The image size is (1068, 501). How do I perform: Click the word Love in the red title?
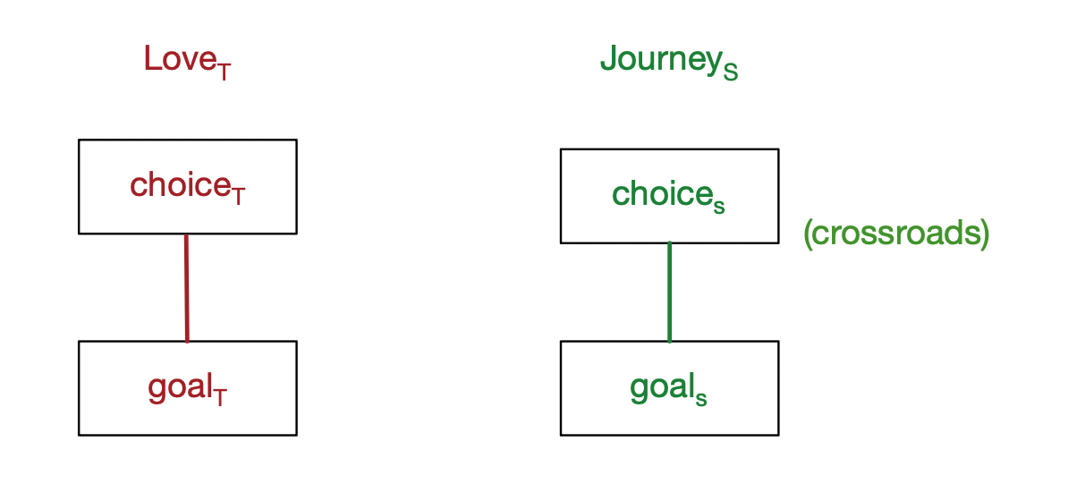click(x=181, y=59)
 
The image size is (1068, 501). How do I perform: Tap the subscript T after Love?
click(x=225, y=72)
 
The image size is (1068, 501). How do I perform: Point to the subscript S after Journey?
click(x=730, y=72)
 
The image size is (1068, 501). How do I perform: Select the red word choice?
click(x=181, y=184)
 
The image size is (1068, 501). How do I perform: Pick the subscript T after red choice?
click(x=239, y=196)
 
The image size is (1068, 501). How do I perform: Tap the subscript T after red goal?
click(x=220, y=398)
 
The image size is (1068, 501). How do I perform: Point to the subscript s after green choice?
click(x=719, y=207)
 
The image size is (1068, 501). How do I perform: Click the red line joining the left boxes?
click(x=187, y=288)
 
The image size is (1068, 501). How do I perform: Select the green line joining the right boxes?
click(x=670, y=292)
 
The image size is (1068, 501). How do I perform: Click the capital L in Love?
click(x=151, y=59)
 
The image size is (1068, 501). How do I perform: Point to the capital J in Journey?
click(x=607, y=59)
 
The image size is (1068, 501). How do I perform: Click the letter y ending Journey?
click(x=715, y=65)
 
